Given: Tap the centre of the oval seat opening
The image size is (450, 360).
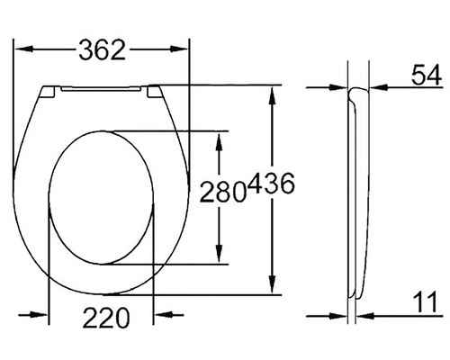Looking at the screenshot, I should tap(102, 197).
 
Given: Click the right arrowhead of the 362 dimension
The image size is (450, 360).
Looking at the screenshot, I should tap(185, 50).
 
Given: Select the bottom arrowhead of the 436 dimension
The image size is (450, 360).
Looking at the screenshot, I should tap(273, 287).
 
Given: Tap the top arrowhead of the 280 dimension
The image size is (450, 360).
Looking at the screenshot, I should tap(219, 137).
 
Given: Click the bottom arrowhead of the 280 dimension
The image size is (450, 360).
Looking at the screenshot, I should tap(219, 258).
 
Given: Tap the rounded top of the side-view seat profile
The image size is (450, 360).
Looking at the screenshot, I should tap(357, 91).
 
